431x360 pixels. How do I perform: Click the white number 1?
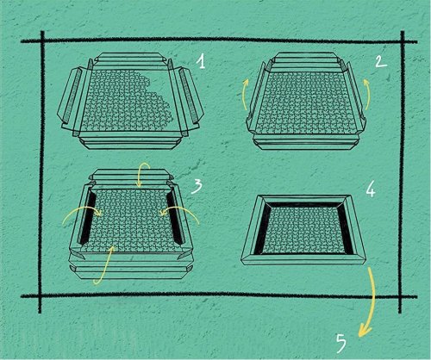[202, 61]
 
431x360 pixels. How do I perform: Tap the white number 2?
[381, 62]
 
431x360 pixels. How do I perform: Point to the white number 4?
[371, 189]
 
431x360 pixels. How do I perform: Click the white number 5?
[341, 344]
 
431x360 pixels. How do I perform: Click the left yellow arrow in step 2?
[245, 95]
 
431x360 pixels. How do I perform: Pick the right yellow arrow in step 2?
[369, 95]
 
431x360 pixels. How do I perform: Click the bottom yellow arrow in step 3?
[106, 265]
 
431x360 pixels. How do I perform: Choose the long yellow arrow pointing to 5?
[373, 301]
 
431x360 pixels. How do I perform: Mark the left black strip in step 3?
[86, 218]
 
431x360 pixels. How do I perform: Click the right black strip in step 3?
[174, 218]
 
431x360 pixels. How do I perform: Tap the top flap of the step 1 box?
[129, 58]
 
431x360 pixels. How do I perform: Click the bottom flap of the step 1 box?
[131, 143]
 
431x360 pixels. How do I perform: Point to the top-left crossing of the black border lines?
[42, 41]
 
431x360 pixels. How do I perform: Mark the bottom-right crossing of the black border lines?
[400, 296]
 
